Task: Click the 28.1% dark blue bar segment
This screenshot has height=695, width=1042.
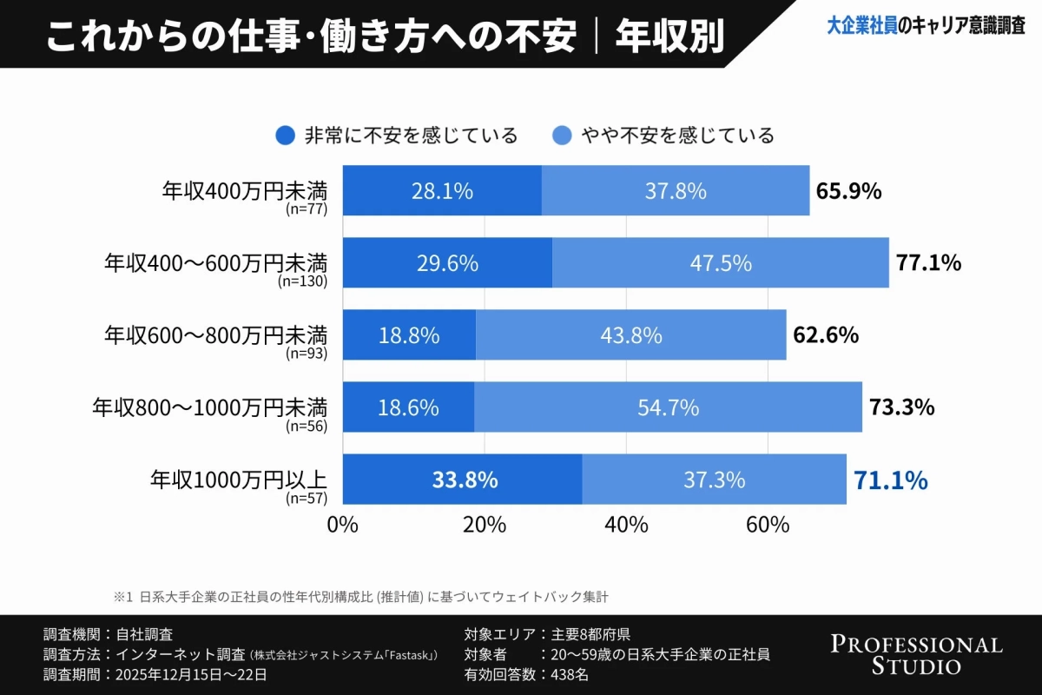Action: [442, 191]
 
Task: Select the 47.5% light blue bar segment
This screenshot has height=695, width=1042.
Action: [720, 263]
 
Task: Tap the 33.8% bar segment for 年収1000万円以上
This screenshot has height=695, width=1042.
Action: [463, 480]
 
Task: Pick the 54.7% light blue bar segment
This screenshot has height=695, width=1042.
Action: [668, 407]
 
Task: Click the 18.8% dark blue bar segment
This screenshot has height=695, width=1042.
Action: [409, 335]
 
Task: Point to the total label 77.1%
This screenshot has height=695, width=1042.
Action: [928, 263]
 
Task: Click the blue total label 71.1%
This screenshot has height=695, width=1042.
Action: [891, 480]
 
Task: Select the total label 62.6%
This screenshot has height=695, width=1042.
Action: [826, 335]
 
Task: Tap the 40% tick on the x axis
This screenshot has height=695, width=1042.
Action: [626, 525]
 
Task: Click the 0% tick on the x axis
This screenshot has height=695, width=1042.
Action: [343, 525]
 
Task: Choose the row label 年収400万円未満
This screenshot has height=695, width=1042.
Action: [244, 189]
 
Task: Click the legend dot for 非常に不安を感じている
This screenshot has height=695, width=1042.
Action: [285, 136]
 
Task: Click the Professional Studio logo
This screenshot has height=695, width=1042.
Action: [916, 655]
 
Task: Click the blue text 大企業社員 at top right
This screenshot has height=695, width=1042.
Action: [861, 27]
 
